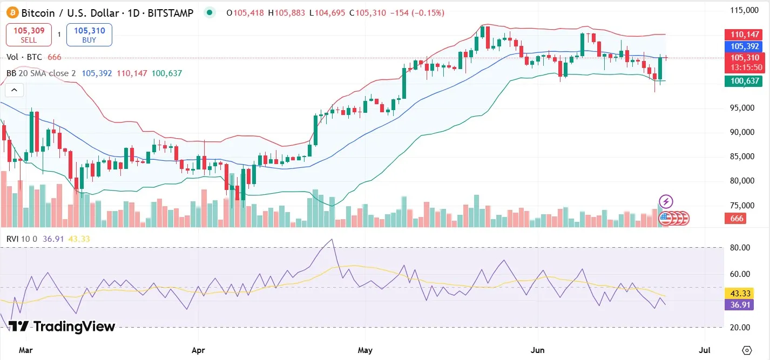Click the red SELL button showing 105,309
click(x=29, y=35)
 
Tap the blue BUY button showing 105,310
click(x=89, y=35)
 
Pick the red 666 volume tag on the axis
click(x=737, y=219)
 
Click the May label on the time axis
click(x=365, y=350)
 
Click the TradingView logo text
click(x=62, y=327)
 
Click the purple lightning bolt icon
click(x=666, y=201)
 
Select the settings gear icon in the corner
click(x=747, y=350)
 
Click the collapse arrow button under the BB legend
click(x=15, y=90)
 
